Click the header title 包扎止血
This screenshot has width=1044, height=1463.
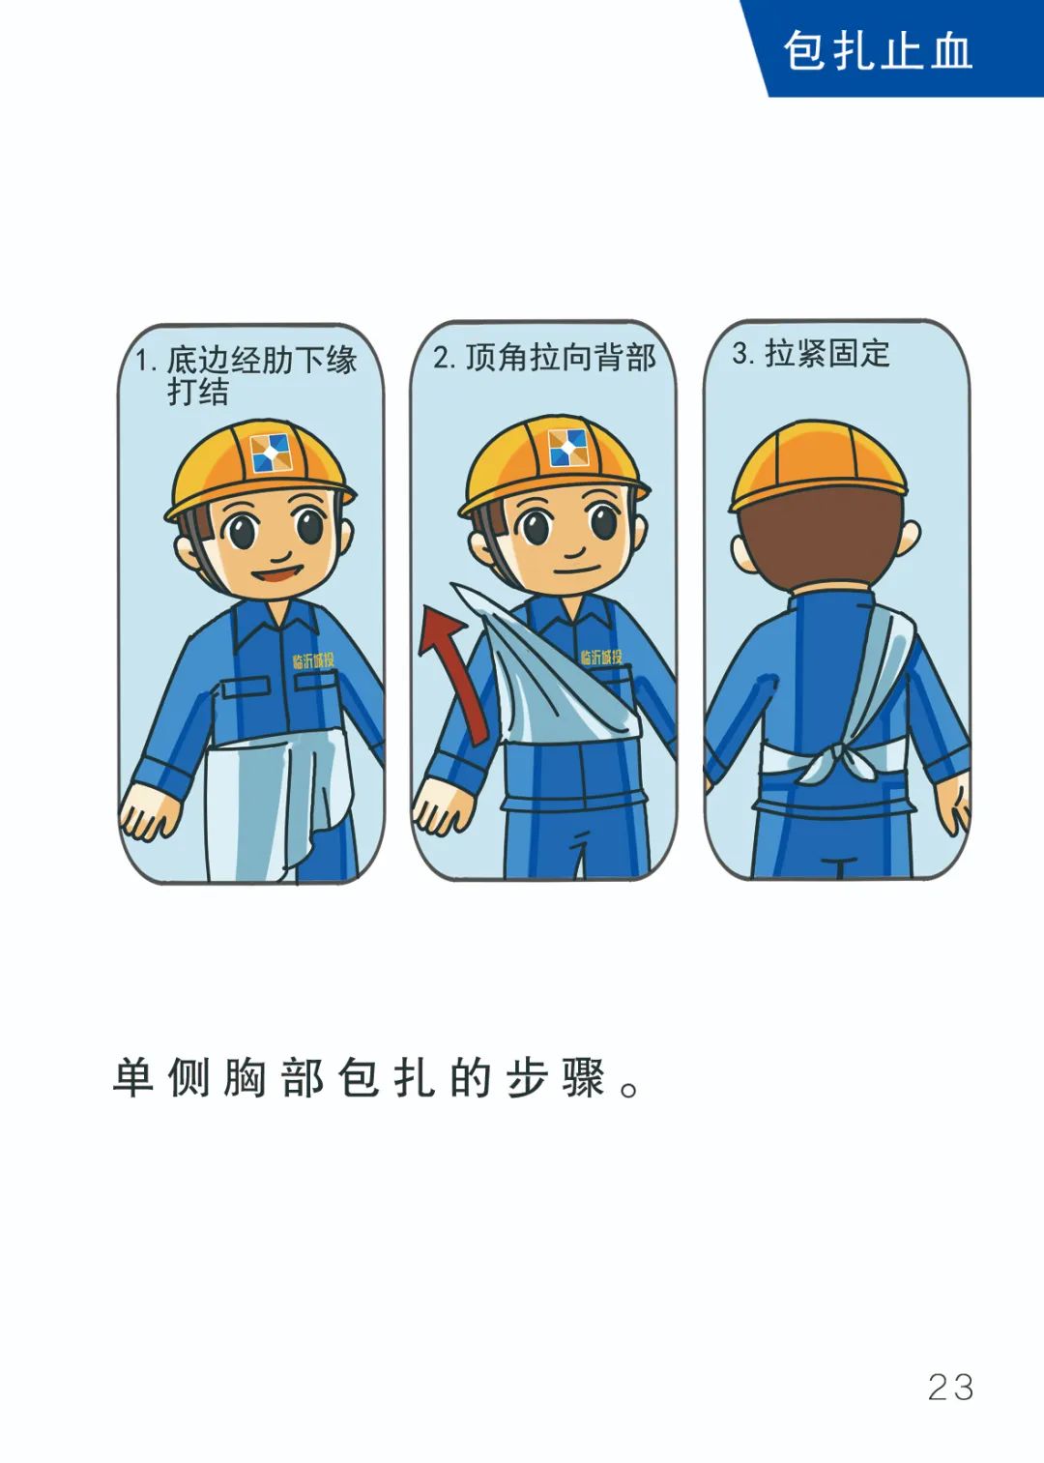(x=877, y=50)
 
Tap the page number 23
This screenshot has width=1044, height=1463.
(x=950, y=1387)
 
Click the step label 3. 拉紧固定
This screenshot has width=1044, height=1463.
(x=810, y=354)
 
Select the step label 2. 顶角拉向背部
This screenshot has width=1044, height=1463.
(x=544, y=358)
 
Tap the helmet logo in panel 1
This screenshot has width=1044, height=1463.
(x=270, y=453)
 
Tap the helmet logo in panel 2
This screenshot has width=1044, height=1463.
(x=566, y=448)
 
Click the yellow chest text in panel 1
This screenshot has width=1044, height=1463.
(x=313, y=661)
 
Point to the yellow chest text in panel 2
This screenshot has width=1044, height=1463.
(x=600, y=658)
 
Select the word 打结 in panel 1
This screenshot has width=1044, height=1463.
(x=198, y=392)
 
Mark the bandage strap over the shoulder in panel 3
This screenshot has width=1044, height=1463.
(x=884, y=667)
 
